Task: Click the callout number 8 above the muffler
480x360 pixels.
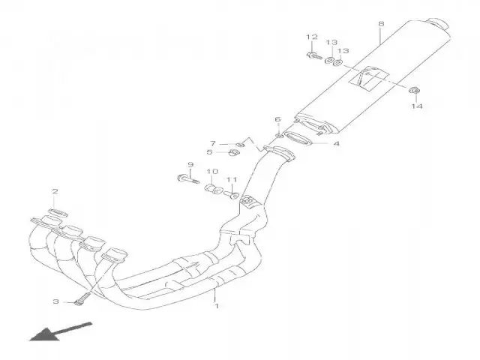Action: [x=381, y=23]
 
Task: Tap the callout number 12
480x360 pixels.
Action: [x=312, y=37]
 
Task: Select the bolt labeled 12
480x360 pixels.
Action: [x=314, y=55]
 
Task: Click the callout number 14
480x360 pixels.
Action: [x=416, y=106]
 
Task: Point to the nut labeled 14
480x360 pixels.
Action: [x=415, y=90]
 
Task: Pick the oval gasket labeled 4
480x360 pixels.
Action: [x=298, y=139]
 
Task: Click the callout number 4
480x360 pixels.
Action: [x=336, y=143]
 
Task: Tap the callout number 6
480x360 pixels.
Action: [x=277, y=119]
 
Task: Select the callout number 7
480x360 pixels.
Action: [x=213, y=143]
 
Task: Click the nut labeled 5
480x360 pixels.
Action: [x=233, y=151]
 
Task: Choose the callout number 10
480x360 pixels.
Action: [x=212, y=172]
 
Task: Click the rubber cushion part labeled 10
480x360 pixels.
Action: [x=213, y=188]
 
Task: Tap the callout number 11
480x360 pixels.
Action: [x=232, y=179]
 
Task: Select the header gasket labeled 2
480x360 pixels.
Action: [x=58, y=213]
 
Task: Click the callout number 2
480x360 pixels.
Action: [x=55, y=192]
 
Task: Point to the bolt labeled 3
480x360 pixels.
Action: [x=82, y=298]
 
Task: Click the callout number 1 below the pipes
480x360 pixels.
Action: [x=217, y=306]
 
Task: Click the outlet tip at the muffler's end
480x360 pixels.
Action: [x=438, y=23]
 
